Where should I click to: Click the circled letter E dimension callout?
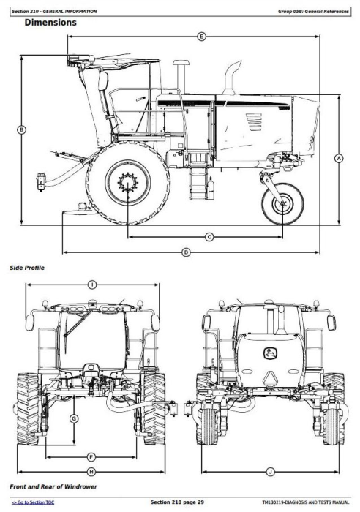pos(201,37)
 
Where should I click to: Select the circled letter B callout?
pos(21,130)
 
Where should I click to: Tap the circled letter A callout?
pos(339,159)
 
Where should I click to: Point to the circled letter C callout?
pos(209,237)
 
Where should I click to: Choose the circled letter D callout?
pos(186,252)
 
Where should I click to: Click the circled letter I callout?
pos(92,285)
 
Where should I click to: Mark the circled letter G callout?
pos(74,418)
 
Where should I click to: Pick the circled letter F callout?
pos(91,457)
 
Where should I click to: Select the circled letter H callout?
pos(91,472)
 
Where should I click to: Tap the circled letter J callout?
pos(270,472)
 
